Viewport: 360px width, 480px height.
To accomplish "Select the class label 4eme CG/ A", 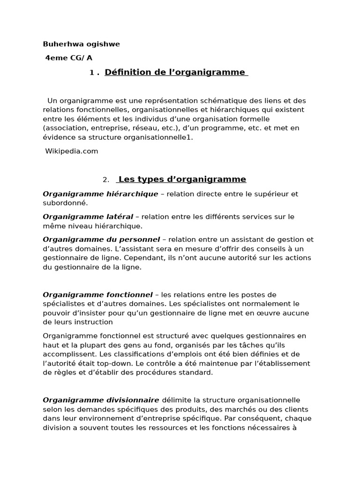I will pos(69,58).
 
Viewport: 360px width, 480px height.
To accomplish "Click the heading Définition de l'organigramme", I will pos(175,72).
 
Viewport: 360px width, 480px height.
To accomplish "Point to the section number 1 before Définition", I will pos(91,73).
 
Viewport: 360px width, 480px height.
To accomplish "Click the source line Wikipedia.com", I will pos(72,151).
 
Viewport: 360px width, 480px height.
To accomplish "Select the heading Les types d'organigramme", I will pos(182,180).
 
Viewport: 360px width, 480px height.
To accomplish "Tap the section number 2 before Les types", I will pos(105,180).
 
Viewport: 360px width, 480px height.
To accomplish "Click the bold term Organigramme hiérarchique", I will pos(100,194).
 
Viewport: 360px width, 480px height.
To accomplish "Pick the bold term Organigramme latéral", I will pos(88,217).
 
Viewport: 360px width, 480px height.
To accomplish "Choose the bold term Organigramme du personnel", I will pos(101,240).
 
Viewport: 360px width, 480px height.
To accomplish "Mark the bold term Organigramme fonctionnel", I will pos(97,295).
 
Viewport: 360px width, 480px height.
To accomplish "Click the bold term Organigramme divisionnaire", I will pos(101,400).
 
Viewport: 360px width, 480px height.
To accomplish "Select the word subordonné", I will pos(65,203).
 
